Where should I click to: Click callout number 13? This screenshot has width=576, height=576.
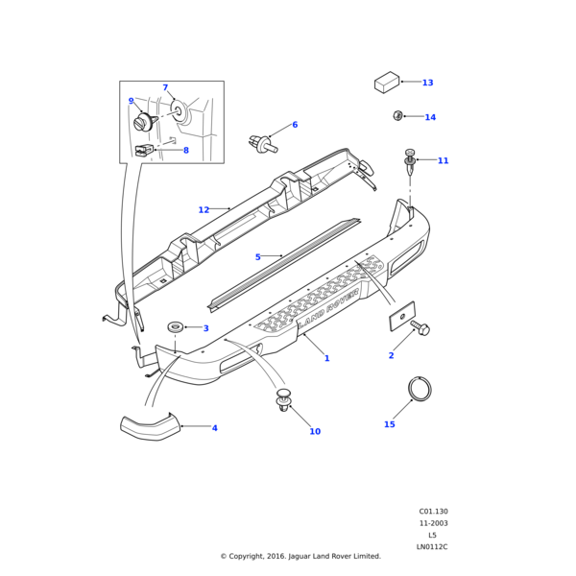pyautogui.click(x=427, y=83)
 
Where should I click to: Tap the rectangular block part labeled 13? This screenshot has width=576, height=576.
pyautogui.click(x=386, y=83)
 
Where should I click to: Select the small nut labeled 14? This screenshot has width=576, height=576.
pyautogui.click(x=397, y=116)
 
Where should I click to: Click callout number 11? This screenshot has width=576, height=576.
pyautogui.click(x=443, y=160)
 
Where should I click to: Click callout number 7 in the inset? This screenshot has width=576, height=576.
pyautogui.click(x=165, y=87)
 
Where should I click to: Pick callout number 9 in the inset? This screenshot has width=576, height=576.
pyautogui.click(x=132, y=101)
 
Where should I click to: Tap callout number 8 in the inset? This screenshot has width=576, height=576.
pyautogui.click(x=185, y=150)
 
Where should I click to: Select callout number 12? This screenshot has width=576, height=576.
pyautogui.click(x=204, y=209)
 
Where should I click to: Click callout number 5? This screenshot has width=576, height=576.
pyautogui.click(x=257, y=256)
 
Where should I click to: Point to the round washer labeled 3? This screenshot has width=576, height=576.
pyautogui.click(x=176, y=327)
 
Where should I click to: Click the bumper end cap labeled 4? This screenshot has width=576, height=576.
pyautogui.click(x=149, y=425)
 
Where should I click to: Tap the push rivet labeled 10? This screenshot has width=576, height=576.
pyautogui.click(x=283, y=399)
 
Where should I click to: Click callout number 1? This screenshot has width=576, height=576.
pyautogui.click(x=326, y=358)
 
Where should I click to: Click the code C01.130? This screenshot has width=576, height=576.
pyautogui.click(x=433, y=512)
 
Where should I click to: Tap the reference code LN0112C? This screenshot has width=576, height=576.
pyautogui.click(x=432, y=546)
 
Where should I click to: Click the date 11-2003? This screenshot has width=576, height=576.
pyautogui.click(x=433, y=523)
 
